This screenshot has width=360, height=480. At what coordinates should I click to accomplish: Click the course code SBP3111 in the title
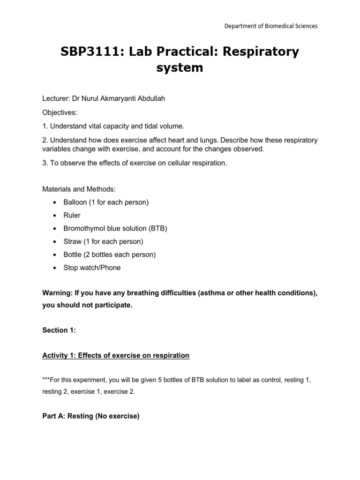[x=89, y=52]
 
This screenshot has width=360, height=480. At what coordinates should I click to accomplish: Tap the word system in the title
[x=180, y=68]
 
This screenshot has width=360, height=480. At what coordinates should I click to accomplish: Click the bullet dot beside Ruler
[x=55, y=216]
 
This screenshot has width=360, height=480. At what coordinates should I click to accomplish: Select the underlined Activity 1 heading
[x=116, y=356]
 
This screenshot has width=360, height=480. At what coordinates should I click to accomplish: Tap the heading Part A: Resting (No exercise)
[x=91, y=415]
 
